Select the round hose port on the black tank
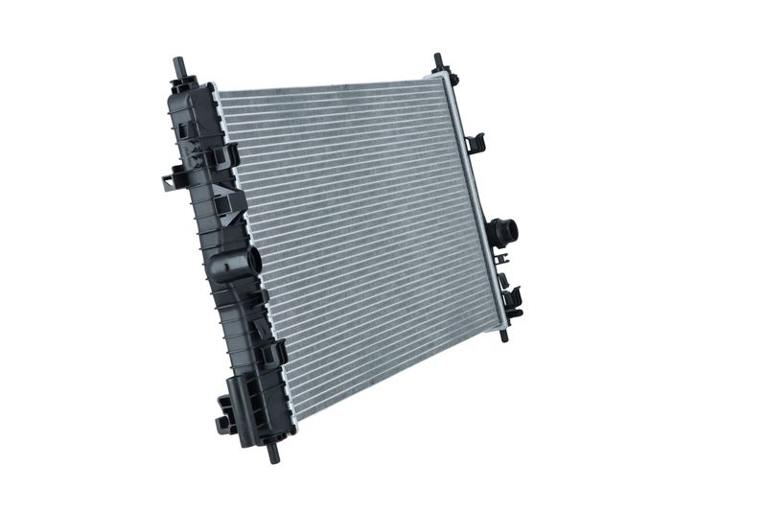(252, 261)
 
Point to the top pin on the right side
(438, 62)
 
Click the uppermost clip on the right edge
(476, 144)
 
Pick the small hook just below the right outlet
(502, 260)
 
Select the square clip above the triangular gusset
(229, 153)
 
